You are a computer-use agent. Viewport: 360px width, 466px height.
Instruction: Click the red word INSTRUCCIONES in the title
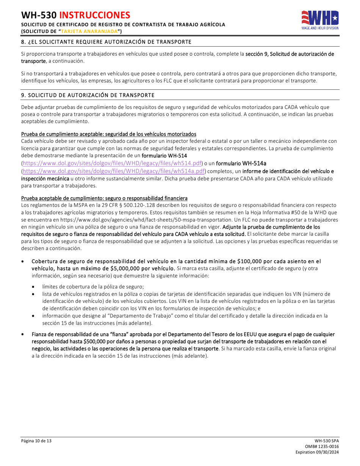click(x=95, y=15)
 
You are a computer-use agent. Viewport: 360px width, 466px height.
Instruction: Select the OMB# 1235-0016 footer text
click(x=325, y=447)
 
